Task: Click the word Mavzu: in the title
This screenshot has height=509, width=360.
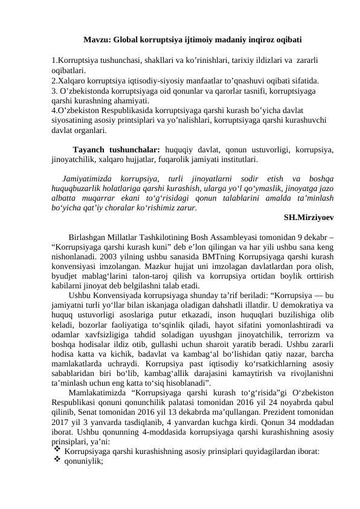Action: point(97,41)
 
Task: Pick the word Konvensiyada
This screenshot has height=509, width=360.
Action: point(113,296)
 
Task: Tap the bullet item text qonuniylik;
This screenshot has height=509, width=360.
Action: point(84,479)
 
